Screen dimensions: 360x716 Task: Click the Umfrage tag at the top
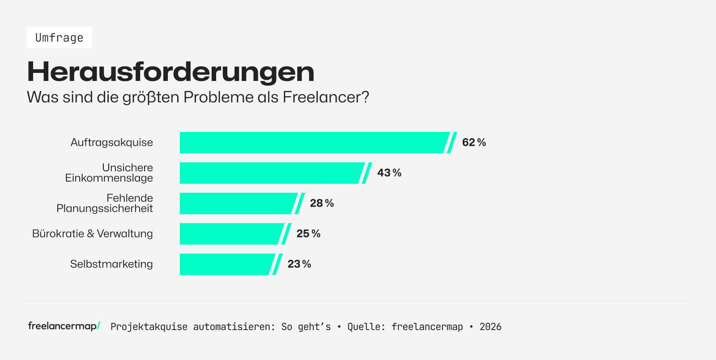[59, 38]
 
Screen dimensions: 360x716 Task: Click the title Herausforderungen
[170, 72]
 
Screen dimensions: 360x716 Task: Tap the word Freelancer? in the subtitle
[326, 97]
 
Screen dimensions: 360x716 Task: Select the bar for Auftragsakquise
[313, 143]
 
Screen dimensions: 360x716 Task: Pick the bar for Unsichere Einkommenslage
[271, 173]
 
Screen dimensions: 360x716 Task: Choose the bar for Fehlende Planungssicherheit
[237, 203]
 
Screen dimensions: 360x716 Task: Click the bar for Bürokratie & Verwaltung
[230, 234]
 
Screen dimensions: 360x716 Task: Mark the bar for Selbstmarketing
[226, 264]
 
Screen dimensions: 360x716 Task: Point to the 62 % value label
[474, 143]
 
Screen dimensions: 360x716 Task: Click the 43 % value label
[389, 173]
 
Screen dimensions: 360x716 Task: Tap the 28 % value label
[322, 203]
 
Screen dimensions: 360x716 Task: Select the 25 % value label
[308, 234]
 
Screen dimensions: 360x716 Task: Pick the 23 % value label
[299, 264]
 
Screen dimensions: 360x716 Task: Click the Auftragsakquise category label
[111, 143]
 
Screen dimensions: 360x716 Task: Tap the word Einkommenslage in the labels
[109, 178]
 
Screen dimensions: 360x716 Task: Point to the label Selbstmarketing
[111, 264]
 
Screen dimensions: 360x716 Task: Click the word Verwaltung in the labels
[125, 234]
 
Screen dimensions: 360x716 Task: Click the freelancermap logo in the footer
[64, 326]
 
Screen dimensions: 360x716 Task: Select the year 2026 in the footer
[490, 327]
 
